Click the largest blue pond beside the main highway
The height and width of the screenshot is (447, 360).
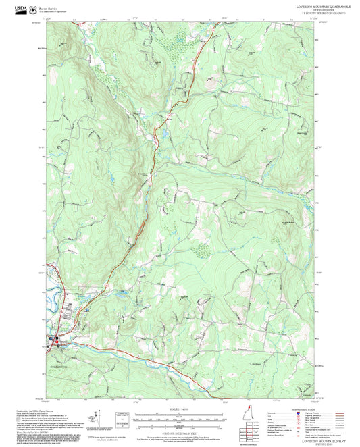pos(164,134)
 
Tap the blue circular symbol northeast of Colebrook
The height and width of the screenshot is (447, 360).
pos(87,309)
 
